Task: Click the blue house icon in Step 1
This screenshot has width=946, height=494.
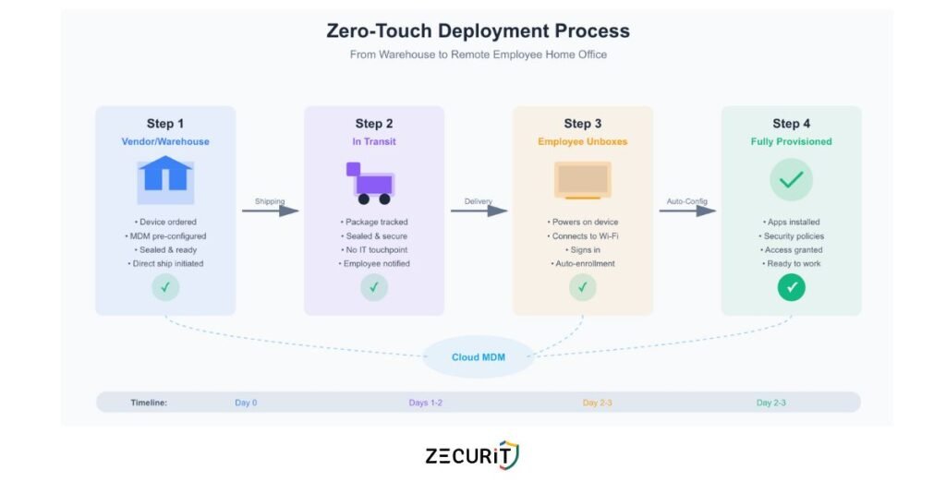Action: [165, 178]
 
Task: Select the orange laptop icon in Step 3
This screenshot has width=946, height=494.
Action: [582, 180]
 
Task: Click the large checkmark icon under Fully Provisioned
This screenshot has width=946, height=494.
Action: [791, 180]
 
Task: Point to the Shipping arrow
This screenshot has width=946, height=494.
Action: [271, 211]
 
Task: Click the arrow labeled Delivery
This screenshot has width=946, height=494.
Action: [479, 211]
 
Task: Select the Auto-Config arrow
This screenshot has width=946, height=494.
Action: [687, 211]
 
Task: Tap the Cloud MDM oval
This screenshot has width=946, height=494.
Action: [479, 357]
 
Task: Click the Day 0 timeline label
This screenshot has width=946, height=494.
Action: [247, 403]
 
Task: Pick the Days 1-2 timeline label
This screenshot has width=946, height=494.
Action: [425, 403]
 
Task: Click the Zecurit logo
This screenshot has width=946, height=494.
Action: [472, 454]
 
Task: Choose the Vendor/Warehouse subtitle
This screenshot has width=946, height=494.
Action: [165, 142]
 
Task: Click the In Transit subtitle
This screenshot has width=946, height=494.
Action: [373, 142]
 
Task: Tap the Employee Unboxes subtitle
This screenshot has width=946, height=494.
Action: [582, 142]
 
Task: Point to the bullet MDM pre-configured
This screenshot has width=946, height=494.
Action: [165, 236]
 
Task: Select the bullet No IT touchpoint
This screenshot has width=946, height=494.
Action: [374, 250]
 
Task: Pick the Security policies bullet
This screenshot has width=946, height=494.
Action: [791, 236]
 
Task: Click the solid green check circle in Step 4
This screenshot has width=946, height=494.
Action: [791, 287]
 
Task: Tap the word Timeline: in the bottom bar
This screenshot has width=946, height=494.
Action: [148, 403]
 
